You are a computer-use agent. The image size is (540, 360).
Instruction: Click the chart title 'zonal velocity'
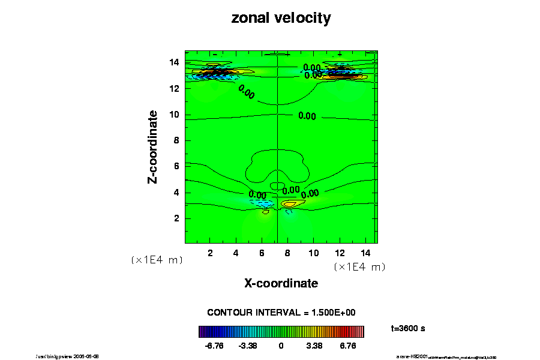(281, 18)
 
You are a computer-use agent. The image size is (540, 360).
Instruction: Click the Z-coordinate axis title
(153, 146)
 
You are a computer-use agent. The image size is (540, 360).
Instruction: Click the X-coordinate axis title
(281, 283)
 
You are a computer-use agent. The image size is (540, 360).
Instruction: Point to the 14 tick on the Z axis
(175, 62)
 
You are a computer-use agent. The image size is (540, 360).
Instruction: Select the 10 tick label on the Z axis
(175, 115)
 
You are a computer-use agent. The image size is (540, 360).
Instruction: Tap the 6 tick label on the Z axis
(178, 166)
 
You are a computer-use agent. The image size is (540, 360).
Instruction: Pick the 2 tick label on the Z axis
(178, 218)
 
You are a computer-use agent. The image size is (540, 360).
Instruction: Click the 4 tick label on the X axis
(236, 253)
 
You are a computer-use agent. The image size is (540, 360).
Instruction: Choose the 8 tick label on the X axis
(287, 253)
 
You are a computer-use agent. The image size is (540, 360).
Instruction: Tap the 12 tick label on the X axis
(339, 253)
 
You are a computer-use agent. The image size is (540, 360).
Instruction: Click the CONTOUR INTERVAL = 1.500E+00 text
(281, 313)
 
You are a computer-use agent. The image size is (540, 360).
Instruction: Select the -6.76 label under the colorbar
(214, 346)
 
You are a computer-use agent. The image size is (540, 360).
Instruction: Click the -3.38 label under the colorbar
(248, 346)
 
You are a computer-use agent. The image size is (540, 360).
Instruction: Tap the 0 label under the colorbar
(281, 346)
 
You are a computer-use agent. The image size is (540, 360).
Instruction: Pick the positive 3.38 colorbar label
(314, 346)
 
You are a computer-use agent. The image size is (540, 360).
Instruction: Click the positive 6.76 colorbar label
(348, 346)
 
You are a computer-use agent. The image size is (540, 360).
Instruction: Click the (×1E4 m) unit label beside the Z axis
(156, 260)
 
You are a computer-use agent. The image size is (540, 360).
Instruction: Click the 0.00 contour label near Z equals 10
(307, 116)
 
